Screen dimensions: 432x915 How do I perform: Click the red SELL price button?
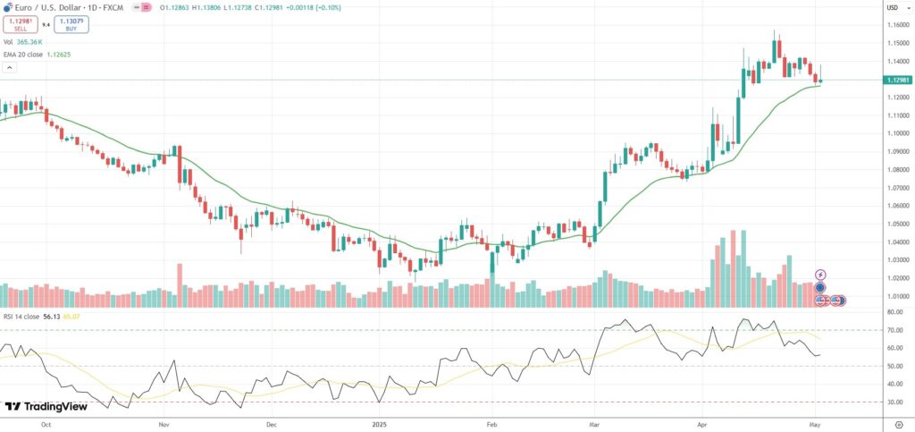coord(20,25)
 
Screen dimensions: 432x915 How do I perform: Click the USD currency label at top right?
coord(892,8)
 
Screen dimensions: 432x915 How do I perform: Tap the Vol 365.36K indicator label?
coord(24,41)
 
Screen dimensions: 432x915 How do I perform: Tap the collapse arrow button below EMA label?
coord(10,67)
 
